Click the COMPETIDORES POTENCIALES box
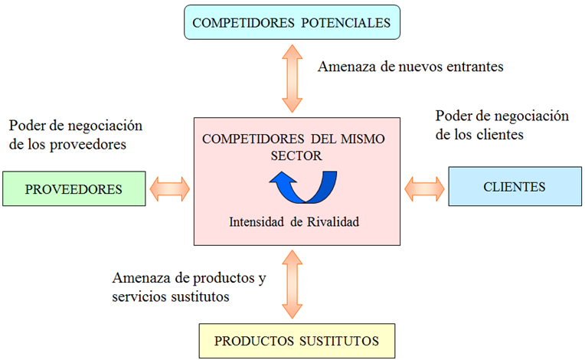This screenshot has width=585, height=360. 292,22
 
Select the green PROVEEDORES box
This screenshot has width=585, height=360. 74,188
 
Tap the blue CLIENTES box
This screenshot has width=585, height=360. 514,187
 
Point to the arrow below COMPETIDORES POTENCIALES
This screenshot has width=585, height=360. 292,77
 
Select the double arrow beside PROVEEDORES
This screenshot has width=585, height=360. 170,188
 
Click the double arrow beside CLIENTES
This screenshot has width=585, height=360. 424,187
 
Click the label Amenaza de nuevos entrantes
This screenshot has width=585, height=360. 410,67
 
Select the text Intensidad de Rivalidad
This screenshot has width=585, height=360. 295,223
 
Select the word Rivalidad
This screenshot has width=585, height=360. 332,223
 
